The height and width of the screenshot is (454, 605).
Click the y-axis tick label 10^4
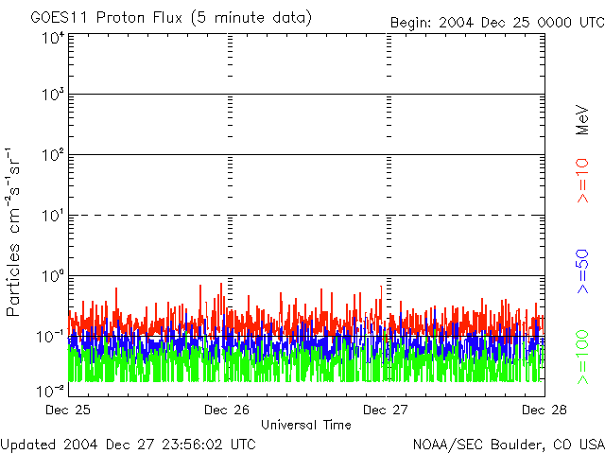coord(51,38)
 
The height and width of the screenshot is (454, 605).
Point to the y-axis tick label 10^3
coord(51,95)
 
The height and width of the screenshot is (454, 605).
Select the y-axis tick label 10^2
coord(51,154)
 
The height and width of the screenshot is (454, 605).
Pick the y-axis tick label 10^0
coord(51,275)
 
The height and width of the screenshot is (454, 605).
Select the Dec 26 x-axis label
coord(227,410)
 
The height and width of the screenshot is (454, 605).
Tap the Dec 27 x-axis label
coord(387,410)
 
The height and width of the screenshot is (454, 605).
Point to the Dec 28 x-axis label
coord(544,410)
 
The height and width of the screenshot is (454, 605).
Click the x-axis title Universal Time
coord(305,425)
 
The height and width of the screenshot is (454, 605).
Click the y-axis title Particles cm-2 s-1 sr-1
coord(15,232)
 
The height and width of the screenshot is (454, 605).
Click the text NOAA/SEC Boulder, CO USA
coord(508,444)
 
